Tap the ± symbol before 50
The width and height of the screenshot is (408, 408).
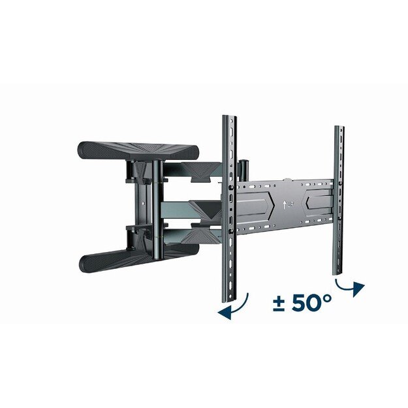pos(279,305)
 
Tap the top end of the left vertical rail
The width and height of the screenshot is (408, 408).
pos(228,119)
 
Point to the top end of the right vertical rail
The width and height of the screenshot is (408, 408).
pos(339,129)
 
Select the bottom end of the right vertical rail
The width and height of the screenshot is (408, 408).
pos(336,270)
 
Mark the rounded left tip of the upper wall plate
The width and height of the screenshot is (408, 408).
pos(82,149)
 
